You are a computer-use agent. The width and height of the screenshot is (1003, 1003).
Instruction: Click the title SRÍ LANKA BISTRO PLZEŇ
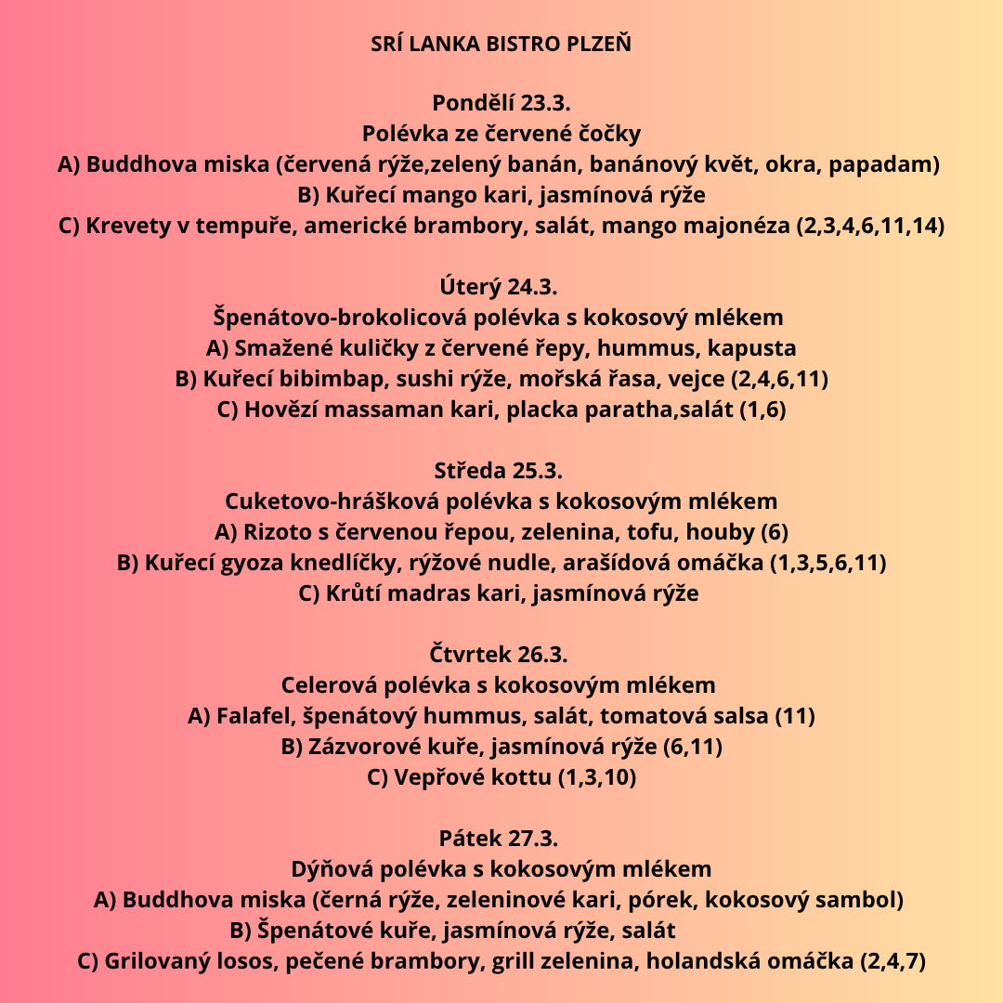click(501, 45)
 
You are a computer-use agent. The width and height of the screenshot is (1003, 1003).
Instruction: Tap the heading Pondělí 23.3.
click(501, 103)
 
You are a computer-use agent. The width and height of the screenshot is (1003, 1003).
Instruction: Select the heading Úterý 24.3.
click(501, 286)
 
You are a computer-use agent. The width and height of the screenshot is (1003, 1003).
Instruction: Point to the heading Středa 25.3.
click(501, 470)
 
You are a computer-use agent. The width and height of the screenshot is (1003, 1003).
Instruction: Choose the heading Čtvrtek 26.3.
click(501, 654)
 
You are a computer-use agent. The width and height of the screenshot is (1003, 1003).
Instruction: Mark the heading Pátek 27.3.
click(501, 838)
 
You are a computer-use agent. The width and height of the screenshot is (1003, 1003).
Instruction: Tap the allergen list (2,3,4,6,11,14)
click(870, 226)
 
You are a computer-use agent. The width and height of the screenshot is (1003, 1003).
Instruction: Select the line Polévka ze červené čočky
click(501, 134)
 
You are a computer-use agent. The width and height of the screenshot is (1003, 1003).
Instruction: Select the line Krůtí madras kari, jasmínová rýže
click(499, 593)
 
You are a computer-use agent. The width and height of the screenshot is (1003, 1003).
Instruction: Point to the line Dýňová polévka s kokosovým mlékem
click(501, 869)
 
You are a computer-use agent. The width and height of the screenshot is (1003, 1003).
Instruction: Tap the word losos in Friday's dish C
click(245, 961)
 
